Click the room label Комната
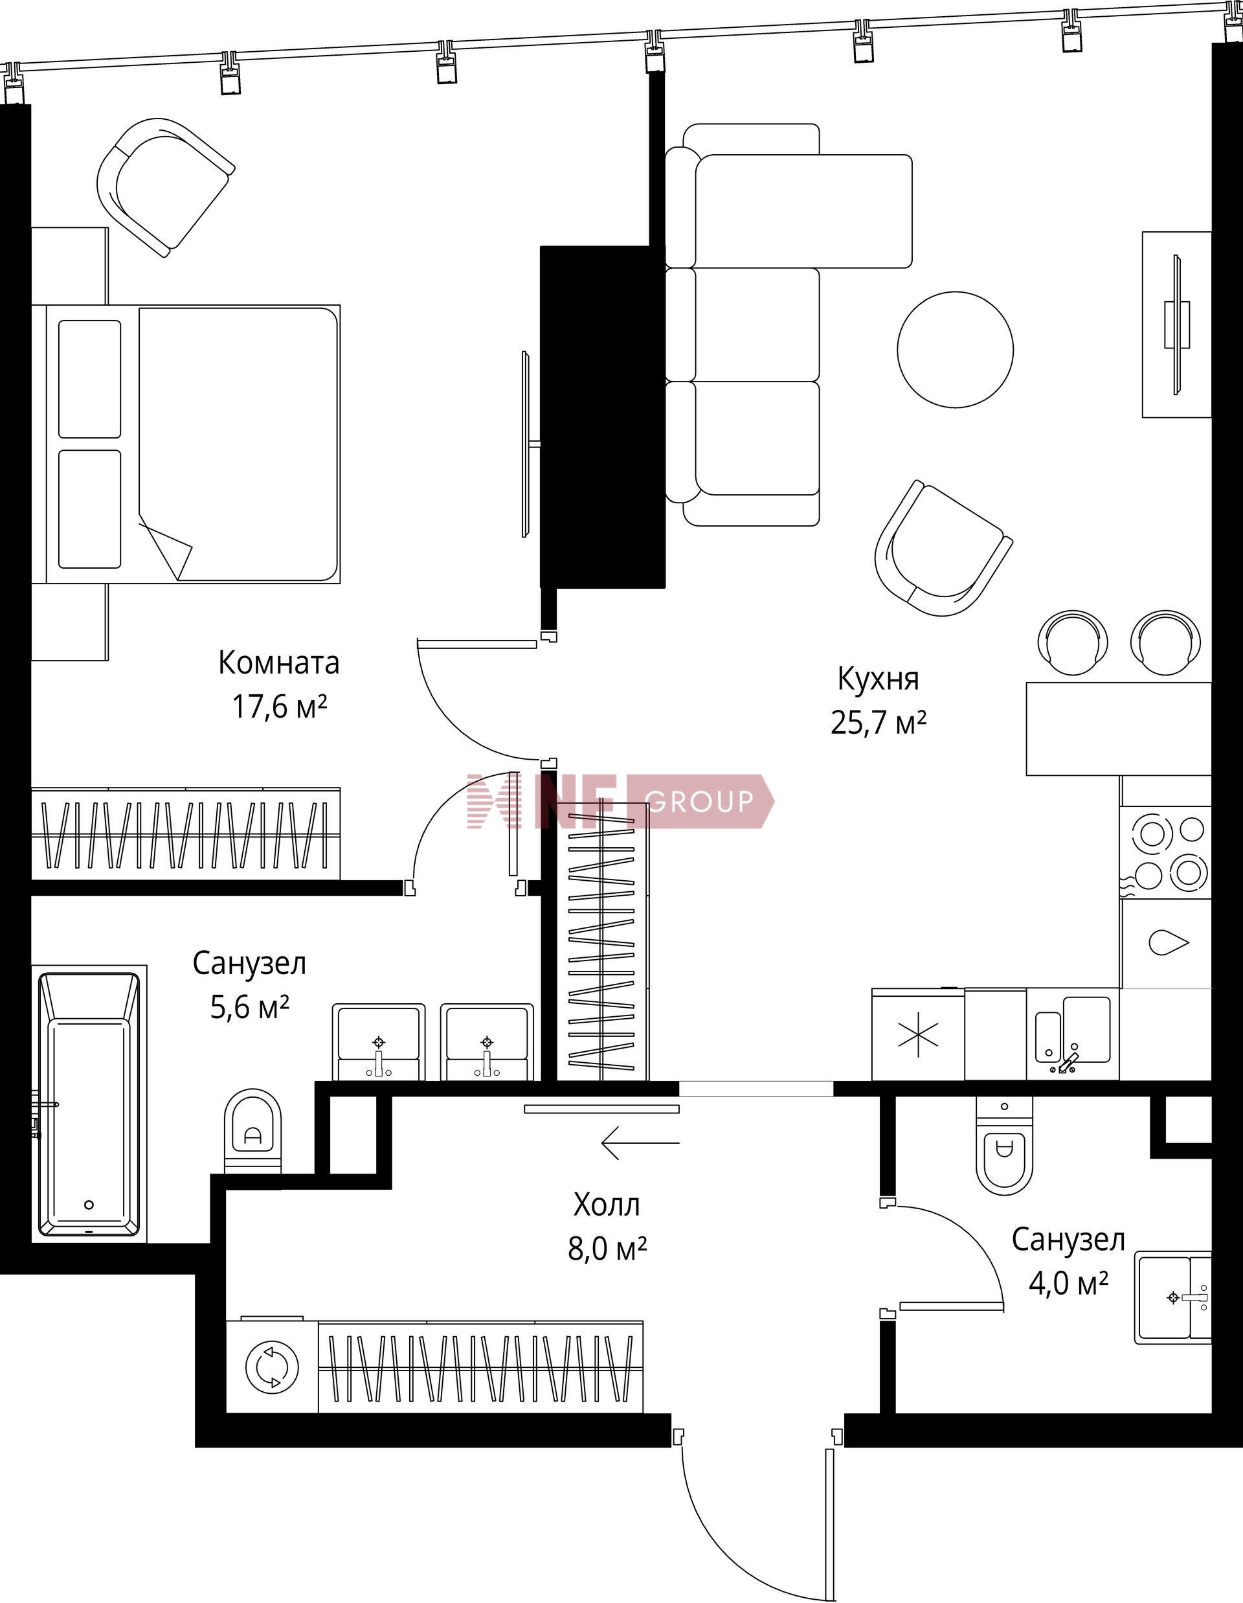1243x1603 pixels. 279,663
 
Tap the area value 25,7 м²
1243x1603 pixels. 879,722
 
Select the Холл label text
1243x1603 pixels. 607,1205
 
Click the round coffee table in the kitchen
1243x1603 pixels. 956,349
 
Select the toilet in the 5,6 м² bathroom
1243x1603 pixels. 252,1130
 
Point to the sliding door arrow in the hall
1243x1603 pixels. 640,1143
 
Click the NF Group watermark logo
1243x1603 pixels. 620,801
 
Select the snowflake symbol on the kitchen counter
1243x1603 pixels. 918,1038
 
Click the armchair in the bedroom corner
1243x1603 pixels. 166,187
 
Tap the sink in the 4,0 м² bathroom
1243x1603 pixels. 1172,1298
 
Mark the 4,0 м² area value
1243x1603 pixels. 1068,1284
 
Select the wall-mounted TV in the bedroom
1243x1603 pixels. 526,444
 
